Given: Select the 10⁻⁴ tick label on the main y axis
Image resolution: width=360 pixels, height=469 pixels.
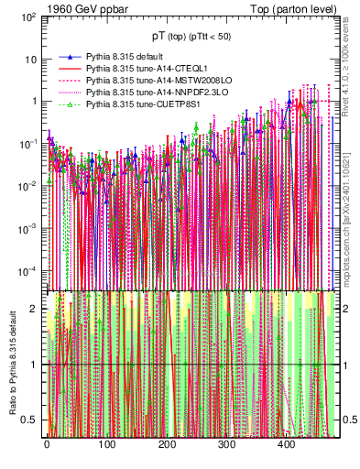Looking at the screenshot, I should [x=27, y=271].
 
